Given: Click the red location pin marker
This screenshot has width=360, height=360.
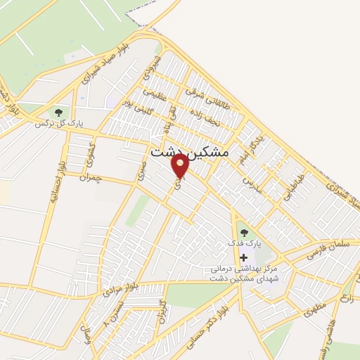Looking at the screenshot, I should coord(181,166).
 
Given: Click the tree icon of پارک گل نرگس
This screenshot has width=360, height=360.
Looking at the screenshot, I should coord(58,112).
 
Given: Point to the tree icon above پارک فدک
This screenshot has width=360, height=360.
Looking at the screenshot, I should coord(244,231).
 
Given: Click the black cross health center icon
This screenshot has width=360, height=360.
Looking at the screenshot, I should coord(244,258).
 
